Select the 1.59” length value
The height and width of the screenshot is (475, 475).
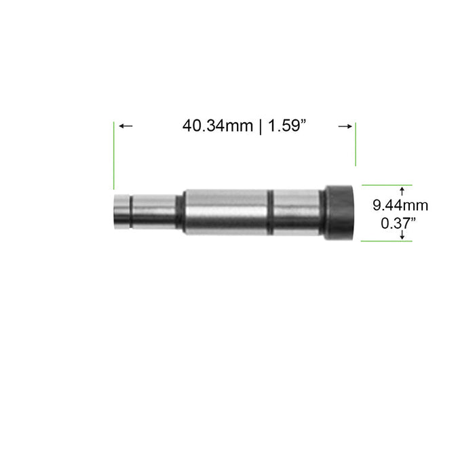pos(288,126)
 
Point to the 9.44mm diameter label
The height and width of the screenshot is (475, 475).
pos(401,204)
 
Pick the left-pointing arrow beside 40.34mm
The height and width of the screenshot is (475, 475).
pos(126,126)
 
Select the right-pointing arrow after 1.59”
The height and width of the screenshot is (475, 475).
pos(344,126)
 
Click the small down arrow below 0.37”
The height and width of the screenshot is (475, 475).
pos(402,234)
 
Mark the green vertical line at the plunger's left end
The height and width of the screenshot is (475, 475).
pos(114,156)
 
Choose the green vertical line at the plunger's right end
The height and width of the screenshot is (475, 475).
pos(356,144)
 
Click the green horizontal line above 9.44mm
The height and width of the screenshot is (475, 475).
pos(385,184)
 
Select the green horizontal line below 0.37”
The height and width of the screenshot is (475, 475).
pos(385,241)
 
